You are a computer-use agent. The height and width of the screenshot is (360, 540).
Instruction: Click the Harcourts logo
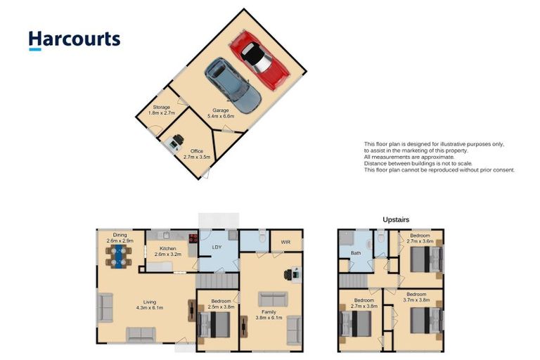pos(75,40)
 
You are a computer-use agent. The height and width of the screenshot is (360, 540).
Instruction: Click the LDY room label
pos(217,247)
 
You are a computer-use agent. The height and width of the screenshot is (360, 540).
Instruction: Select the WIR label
pos(285,243)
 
